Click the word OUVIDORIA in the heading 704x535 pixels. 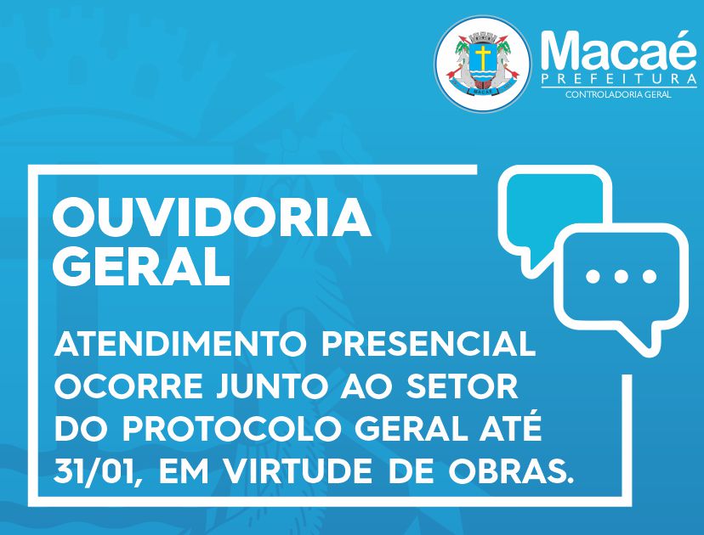[212, 218]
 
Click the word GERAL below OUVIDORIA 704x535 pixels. [141, 267]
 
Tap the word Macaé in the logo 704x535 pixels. [619, 50]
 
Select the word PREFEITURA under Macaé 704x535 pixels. [619, 80]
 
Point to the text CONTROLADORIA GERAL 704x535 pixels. [618, 94]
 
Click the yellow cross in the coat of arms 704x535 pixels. [483, 58]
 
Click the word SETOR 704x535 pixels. [462, 386]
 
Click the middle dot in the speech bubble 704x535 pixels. [621, 276]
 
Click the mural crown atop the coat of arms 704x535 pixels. [483, 37]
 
